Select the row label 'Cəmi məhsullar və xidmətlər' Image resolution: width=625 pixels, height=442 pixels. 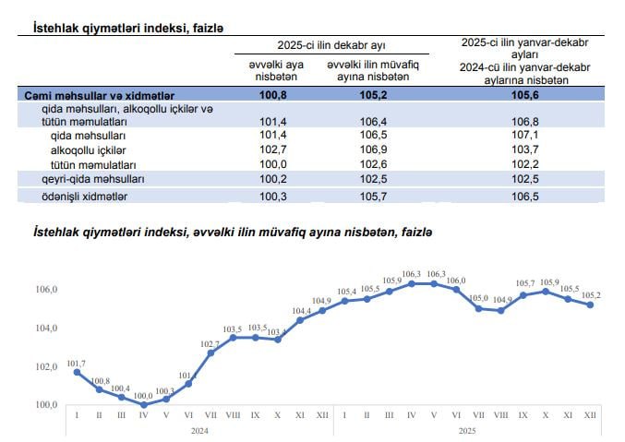click(97, 94)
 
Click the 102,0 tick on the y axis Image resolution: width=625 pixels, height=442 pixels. click(46, 366)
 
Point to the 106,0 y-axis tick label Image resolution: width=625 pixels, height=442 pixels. click(46, 290)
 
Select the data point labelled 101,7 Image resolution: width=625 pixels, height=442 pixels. click(77, 372)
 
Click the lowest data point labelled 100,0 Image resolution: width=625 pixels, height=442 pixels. click(143, 404)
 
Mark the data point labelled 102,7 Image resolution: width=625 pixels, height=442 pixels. click(210, 352)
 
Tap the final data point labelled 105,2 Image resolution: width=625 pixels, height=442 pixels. click(590, 305)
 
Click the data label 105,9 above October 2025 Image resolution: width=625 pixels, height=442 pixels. click(546, 282)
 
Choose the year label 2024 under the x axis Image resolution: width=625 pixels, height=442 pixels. click(200, 430)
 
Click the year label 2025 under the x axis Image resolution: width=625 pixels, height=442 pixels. click(467, 430)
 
